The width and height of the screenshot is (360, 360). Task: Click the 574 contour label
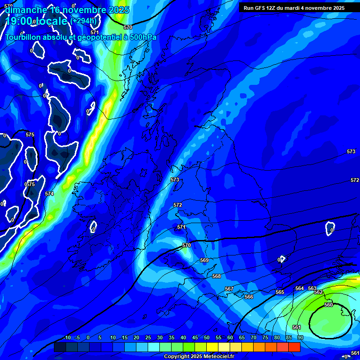pos(49,194)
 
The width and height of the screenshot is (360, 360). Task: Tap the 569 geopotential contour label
pos(204,260)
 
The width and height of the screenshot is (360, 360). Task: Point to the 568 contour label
pos(217,276)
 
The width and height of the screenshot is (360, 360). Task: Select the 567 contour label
pos(229,289)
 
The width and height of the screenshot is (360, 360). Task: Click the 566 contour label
pos(249,297)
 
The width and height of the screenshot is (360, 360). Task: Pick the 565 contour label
pos(280,292)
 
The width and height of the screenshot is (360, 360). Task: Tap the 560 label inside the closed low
pos(329,305)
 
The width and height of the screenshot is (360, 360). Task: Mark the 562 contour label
pos(318,292)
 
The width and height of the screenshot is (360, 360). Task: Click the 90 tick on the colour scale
pos(300,337)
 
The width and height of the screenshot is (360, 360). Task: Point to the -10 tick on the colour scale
pos(67,337)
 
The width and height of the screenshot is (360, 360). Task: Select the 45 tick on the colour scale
pos(195,337)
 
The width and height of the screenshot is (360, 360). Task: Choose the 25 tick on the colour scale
pos(148,337)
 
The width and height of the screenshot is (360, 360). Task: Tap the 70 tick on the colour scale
pos(254,337)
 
